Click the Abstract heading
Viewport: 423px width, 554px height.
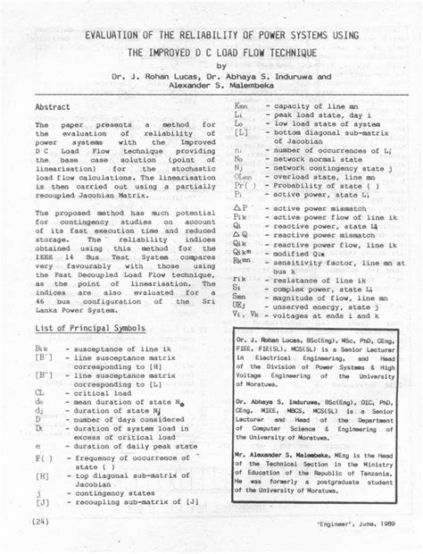tap(54, 105)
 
